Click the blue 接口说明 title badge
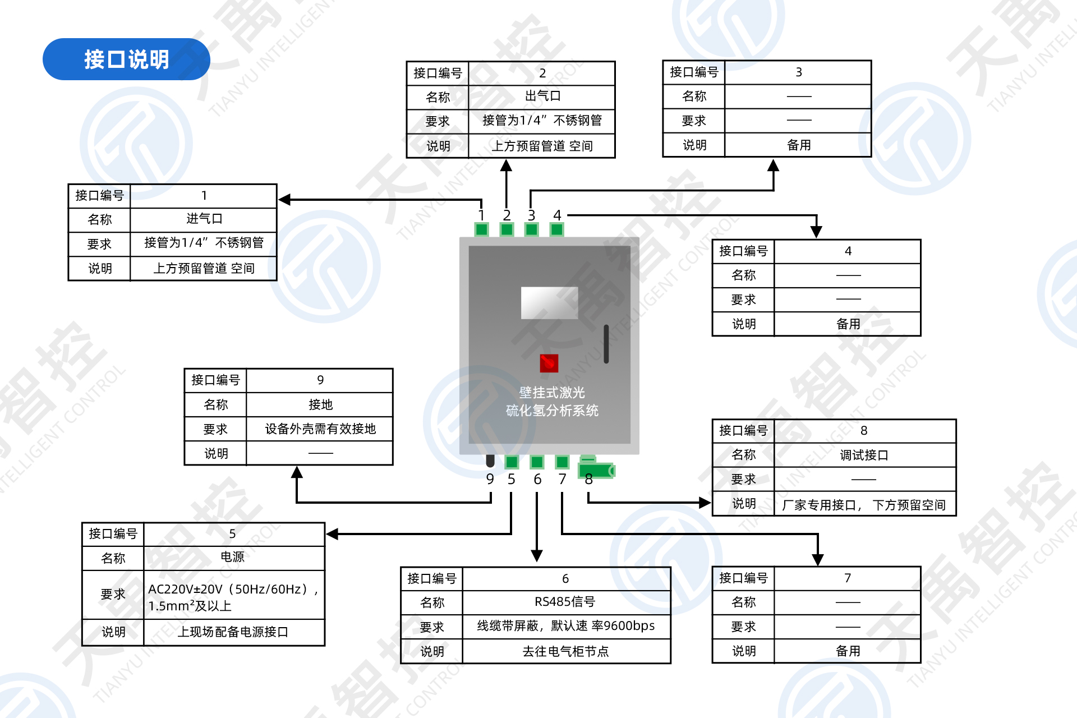[x=126, y=59]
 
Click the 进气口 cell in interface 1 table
[x=204, y=219]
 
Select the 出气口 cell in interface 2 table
[x=542, y=96]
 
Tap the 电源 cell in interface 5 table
[x=233, y=557]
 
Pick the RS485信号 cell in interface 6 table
[x=565, y=602]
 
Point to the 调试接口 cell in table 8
[x=864, y=455]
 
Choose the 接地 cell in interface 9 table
[x=320, y=404]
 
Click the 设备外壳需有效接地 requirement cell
[x=320, y=429]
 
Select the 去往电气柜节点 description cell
[x=565, y=651]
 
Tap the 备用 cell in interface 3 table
[x=799, y=145]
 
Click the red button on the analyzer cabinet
[x=549, y=363]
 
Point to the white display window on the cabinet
[x=549, y=303]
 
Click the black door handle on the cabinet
[x=606, y=344]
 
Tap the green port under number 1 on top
[x=481, y=229]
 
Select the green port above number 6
[x=537, y=462]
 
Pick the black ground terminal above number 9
[x=490, y=461]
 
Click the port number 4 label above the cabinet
[x=557, y=215]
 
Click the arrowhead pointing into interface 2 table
[x=507, y=165]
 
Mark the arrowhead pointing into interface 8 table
[x=705, y=503]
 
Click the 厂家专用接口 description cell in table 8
[x=864, y=505]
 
